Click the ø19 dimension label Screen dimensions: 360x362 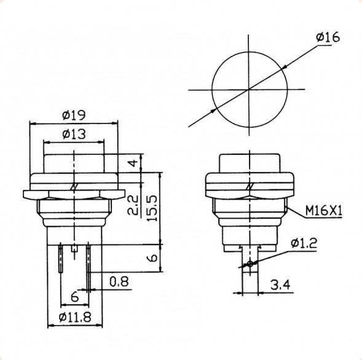73,115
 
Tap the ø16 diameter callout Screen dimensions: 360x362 328,38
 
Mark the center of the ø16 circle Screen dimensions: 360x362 249,91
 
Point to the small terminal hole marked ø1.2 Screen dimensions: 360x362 250,264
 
